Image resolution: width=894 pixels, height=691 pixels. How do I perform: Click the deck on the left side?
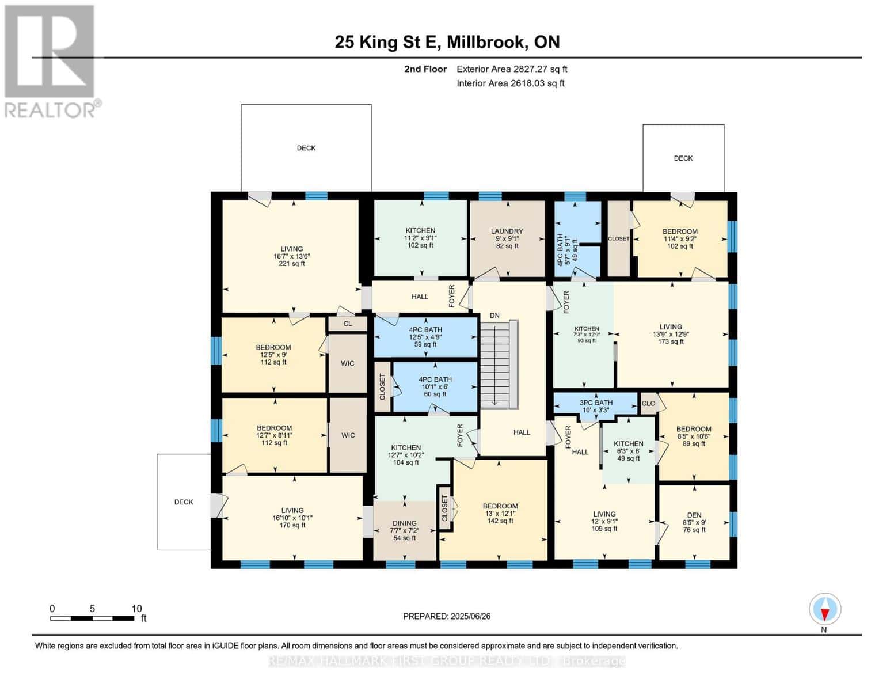[x=184, y=502]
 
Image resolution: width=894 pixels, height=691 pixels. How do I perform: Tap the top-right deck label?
[x=683, y=158]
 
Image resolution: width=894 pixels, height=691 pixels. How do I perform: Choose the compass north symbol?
[x=824, y=609]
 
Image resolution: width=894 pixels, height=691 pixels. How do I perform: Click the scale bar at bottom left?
[x=92, y=618]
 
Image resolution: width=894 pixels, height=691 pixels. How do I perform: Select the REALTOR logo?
[x=51, y=60]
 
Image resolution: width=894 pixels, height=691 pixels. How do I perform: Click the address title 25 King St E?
[x=447, y=42]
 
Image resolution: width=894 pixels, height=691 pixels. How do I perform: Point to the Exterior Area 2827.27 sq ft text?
[x=512, y=69]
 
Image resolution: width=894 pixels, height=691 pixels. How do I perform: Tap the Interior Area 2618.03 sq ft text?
[x=510, y=83]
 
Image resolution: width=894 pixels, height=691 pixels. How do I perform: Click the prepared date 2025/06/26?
[x=447, y=616]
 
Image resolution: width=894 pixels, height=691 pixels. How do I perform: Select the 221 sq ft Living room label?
[x=292, y=256]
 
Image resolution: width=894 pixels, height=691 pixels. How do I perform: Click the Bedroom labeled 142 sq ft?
[x=500, y=514]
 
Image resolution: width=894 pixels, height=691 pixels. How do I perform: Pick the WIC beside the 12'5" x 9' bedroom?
[x=347, y=363]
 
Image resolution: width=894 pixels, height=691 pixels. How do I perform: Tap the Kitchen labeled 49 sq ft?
[x=628, y=451]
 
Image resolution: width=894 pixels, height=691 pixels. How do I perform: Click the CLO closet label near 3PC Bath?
[x=648, y=403]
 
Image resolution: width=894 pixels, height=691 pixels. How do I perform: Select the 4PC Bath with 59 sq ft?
[x=425, y=337]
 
